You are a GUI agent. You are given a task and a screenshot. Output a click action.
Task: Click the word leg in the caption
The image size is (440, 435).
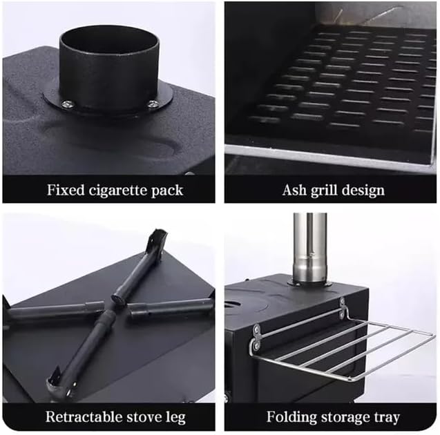tap(175, 418)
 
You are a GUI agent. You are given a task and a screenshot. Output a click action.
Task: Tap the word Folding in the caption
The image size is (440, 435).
tap(291, 417)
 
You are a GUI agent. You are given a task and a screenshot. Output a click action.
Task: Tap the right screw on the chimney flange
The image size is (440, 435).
tap(153, 104)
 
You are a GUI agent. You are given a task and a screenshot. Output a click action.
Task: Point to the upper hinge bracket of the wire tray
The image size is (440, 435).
tap(342, 309)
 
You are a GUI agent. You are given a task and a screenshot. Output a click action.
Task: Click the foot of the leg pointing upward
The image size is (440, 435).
tap(159, 238)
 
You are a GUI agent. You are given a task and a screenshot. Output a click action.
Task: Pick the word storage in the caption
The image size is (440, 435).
tap(345, 418)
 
